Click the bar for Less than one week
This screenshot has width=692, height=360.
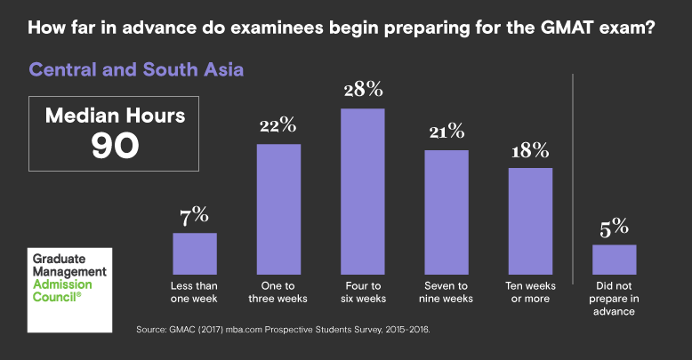click(195, 253)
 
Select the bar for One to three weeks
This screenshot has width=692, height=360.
click(278, 209)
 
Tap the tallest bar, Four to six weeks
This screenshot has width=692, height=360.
click(362, 191)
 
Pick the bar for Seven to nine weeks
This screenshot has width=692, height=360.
click(446, 212)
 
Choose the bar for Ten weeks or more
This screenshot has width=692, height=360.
click(530, 220)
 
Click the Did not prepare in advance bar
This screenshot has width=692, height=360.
click(615, 259)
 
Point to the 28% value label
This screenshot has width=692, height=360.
click(362, 90)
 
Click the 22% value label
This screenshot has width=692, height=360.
click(278, 125)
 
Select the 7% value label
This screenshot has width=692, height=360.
click(195, 214)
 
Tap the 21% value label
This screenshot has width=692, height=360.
click(446, 132)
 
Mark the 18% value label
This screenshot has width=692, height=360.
click(530, 150)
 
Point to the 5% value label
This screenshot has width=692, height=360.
click(615, 227)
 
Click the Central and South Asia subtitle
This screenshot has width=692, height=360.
click(136, 68)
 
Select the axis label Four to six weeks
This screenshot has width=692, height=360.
click(362, 292)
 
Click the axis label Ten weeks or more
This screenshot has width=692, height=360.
click(530, 292)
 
